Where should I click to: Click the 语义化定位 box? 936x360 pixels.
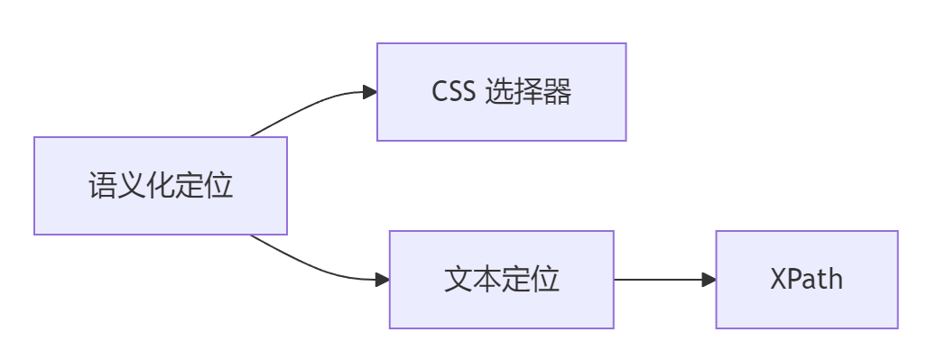pyautogui.click(x=161, y=186)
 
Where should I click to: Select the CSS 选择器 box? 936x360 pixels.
pyautogui.click(x=501, y=92)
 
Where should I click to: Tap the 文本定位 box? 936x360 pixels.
pyautogui.click(x=501, y=280)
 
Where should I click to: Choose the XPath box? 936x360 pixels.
pyautogui.click(x=807, y=280)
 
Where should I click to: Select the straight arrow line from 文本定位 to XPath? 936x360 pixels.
pyautogui.click(x=659, y=280)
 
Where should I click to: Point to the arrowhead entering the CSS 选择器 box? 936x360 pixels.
pyautogui.click(x=369, y=92)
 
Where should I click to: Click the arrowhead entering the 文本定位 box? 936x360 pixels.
pyautogui.click(x=382, y=280)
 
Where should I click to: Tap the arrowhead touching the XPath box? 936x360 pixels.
pyautogui.click(x=709, y=280)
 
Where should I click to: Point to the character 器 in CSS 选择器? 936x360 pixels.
pyautogui.click(x=557, y=92)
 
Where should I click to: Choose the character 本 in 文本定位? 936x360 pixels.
pyautogui.click(x=487, y=280)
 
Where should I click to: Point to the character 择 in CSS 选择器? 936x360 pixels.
pyautogui.click(x=528, y=92)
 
